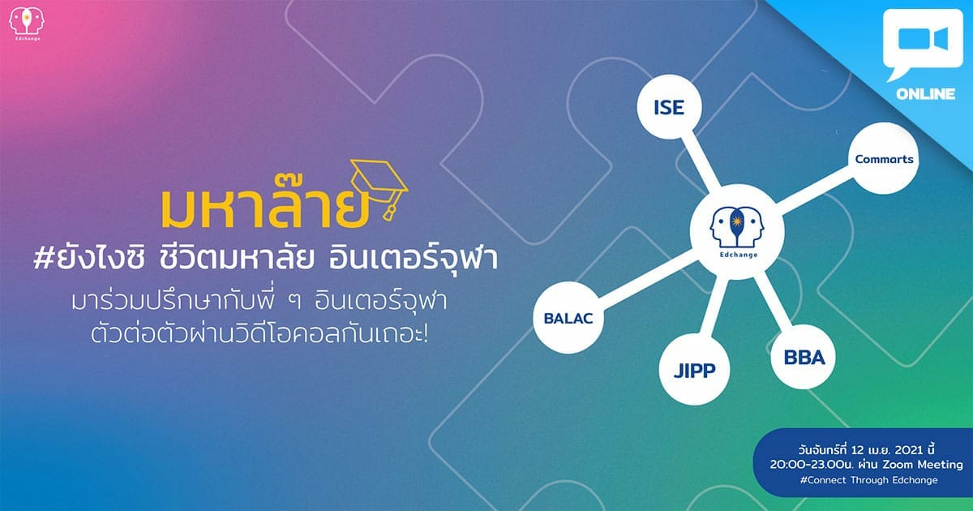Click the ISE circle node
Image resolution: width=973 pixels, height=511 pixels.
[x=669, y=107]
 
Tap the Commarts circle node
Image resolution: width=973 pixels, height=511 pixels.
[x=884, y=159]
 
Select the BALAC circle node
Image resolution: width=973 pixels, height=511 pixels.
[x=568, y=318]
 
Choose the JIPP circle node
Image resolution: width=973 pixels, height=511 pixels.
[x=694, y=370]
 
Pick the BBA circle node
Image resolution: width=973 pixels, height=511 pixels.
[x=804, y=357]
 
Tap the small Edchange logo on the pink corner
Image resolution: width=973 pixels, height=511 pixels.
[x=27, y=24]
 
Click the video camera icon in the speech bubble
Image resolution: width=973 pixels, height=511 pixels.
[x=923, y=39]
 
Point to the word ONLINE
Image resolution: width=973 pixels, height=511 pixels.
[x=925, y=94]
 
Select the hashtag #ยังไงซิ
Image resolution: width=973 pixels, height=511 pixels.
[x=89, y=260]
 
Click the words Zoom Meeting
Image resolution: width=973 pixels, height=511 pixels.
[x=923, y=465]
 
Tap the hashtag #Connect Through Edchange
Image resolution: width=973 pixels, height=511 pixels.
[x=868, y=480]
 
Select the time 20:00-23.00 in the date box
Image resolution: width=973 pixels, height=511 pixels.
[x=807, y=465]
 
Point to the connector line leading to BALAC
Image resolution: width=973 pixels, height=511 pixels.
[x=649, y=279]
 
